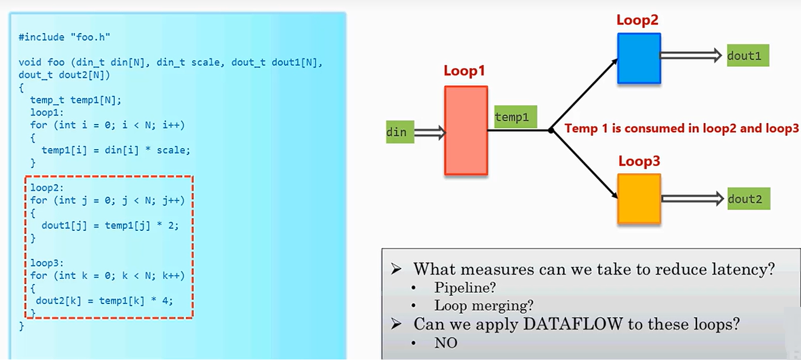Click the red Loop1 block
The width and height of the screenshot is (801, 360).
(x=466, y=130)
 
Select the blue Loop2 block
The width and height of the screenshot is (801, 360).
(x=639, y=58)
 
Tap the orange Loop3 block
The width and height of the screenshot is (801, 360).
(x=639, y=198)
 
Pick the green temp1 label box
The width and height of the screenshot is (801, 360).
(x=512, y=117)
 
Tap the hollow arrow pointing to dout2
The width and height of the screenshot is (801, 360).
(x=692, y=198)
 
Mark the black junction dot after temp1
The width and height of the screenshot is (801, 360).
(x=551, y=130)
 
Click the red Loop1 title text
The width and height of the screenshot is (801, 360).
(x=464, y=72)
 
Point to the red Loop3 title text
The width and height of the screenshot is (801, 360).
(x=639, y=161)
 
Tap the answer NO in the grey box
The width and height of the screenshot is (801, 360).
(x=446, y=343)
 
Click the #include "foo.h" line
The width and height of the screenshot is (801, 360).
(x=64, y=37)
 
